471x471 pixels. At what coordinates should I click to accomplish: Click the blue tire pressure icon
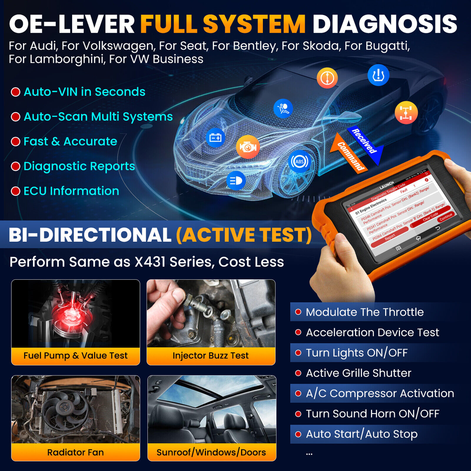click(378, 75)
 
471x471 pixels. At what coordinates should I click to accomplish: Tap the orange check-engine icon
click(248, 147)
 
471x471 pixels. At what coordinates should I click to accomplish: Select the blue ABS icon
click(300, 162)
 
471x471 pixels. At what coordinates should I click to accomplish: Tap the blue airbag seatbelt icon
click(283, 108)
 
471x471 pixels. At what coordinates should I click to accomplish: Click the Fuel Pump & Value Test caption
click(75, 356)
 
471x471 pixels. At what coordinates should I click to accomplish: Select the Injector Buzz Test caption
click(211, 356)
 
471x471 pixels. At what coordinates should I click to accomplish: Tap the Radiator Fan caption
click(75, 453)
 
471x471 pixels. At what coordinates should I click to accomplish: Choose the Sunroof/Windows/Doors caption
click(211, 453)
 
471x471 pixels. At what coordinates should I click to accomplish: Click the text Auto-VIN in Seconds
click(84, 92)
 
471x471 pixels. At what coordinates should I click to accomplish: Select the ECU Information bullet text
click(71, 191)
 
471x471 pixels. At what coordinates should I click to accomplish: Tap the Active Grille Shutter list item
click(358, 373)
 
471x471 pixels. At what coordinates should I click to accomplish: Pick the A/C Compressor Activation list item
click(380, 393)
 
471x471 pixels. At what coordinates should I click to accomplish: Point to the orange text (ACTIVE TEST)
click(244, 235)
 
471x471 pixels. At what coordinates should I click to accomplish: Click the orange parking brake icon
click(327, 78)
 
